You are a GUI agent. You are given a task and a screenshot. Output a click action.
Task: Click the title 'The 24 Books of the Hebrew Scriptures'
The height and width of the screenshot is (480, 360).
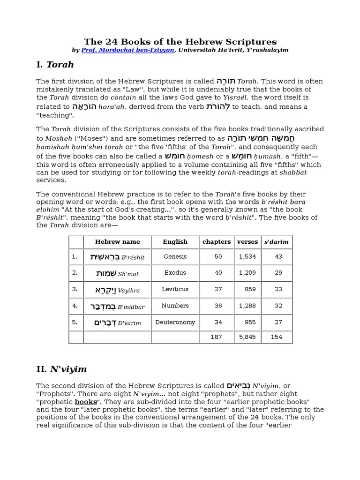[x=180, y=42]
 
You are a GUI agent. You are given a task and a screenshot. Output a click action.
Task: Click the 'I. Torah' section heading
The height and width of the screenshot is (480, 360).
[x=55, y=64]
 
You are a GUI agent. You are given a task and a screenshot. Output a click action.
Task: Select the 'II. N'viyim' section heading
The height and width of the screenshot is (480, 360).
[x=61, y=369]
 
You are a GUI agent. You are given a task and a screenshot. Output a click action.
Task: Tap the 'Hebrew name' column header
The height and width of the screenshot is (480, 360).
[x=117, y=242]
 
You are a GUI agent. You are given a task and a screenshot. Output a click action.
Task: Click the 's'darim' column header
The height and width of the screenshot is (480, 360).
[x=277, y=242]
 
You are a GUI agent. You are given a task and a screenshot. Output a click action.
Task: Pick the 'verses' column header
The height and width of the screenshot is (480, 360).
[x=247, y=242]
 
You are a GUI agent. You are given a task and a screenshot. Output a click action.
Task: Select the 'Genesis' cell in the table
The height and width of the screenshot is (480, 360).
[x=175, y=257]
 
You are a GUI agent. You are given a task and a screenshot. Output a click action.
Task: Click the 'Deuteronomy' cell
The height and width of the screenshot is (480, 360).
[x=175, y=322]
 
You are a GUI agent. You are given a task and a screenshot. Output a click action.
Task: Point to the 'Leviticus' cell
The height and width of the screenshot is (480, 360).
[x=175, y=289]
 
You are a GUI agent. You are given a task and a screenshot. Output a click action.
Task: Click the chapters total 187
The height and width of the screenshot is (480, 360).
[x=216, y=337]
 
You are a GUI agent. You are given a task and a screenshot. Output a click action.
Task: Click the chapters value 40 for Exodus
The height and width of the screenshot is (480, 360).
[x=218, y=273]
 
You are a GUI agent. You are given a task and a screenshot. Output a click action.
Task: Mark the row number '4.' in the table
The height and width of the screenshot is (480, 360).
[x=75, y=306]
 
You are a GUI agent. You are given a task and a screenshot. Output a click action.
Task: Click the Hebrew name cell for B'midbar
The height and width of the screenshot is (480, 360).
[x=117, y=306]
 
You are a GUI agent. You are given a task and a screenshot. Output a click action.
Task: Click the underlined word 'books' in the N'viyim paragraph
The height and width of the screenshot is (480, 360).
[x=86, y=402]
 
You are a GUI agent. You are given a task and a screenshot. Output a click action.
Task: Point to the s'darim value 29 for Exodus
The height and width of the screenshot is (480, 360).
[x=278, y=273]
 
